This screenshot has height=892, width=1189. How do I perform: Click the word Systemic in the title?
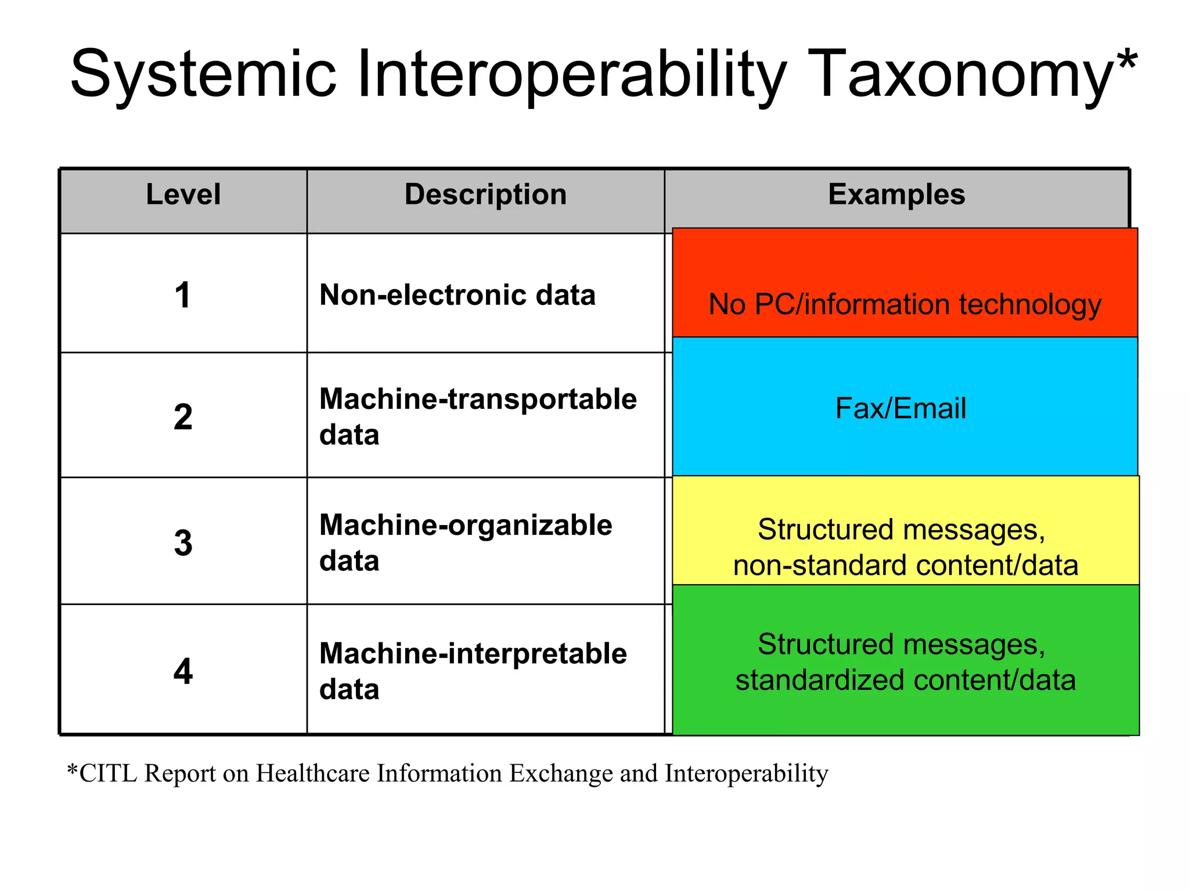(203, 74)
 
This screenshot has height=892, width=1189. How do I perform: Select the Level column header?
(183, 194)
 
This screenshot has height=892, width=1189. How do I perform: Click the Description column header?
(485, 194)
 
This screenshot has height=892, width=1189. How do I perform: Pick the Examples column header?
(896, 194)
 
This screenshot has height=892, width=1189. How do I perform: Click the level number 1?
(183, 295)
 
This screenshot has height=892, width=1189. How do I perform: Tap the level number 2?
(183, 417)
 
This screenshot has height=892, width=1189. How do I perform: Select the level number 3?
(183, 543)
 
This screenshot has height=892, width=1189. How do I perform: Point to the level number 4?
(183, 671)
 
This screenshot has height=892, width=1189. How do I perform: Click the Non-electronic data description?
(457, 295)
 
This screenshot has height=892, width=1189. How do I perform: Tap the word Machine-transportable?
(478, 399)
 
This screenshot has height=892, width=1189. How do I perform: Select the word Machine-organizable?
(466, 525)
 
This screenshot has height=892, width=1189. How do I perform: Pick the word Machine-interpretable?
(473, 653)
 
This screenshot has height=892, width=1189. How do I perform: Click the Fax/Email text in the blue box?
(900, 408)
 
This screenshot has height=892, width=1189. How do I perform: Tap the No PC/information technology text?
(905, 304)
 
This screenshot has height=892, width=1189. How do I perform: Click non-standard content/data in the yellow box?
(905, 566)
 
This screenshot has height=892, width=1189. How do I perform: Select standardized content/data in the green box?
(905, 680)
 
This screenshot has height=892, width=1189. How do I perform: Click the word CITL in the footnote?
(108, 774)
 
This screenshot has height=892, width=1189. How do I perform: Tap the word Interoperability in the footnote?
(747, 774)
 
